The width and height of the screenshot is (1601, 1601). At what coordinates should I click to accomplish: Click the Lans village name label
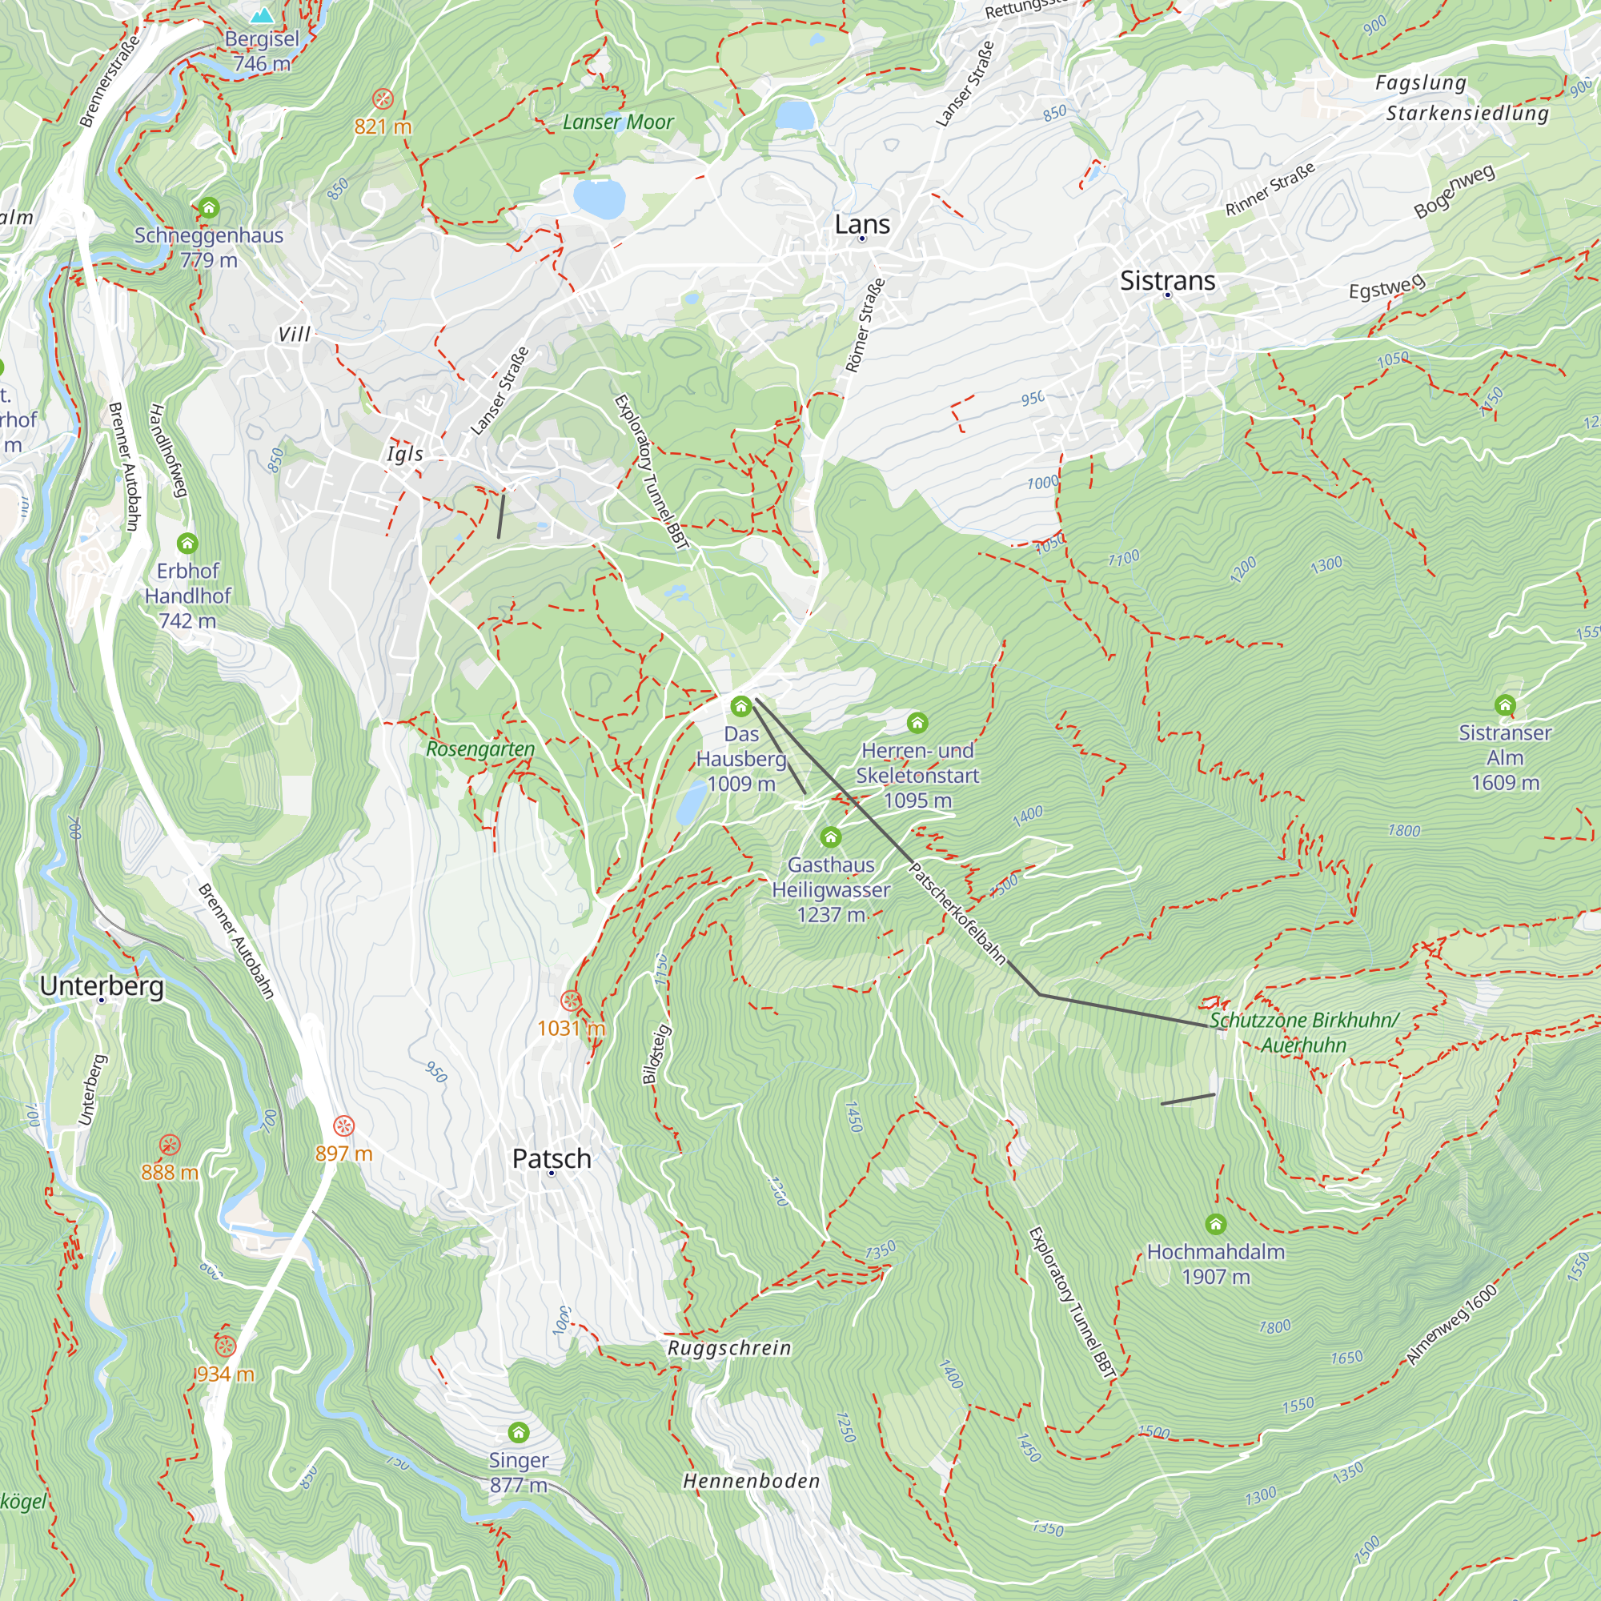[x=862, y=225]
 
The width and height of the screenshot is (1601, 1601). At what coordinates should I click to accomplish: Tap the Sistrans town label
[x=1167, y=281]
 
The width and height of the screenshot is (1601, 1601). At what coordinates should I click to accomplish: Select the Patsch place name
[x=551, y=1158]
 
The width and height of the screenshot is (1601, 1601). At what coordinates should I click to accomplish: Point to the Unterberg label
[x=102, y=986]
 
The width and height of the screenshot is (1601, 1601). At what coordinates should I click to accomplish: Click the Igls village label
[x=405, y=453]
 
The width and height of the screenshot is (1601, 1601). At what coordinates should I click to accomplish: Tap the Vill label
[x=294, y=335]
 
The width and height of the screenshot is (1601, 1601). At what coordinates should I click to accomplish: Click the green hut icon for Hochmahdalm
[x=1215, y=1224]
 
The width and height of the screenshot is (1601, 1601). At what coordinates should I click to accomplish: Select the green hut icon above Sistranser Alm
[x=1505, y=705]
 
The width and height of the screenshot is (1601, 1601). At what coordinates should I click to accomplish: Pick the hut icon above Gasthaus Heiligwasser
[x=830, y=837]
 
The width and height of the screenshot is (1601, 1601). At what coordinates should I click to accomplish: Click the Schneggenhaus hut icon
[x=209, y=207]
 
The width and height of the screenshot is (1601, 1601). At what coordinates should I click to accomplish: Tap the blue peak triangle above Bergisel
[x=262, y=15]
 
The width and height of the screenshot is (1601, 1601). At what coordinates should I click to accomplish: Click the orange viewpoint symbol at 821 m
[x=382, y=99]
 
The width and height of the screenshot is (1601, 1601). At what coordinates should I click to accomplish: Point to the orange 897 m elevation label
[x=344, y=1154]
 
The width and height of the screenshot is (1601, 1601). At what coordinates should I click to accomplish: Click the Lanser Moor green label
[x=618, y=122]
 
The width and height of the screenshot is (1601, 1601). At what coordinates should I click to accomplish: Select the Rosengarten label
[x=480, y=749]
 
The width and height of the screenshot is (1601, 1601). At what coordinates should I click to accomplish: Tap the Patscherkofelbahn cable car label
[x=957, y=914]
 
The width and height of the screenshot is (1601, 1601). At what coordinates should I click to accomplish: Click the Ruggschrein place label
[x=729, y=1348]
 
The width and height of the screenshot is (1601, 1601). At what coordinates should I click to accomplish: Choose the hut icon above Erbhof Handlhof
[x=187, y=544]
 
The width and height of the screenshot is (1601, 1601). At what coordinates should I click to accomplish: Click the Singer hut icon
[x=518, y=1433]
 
